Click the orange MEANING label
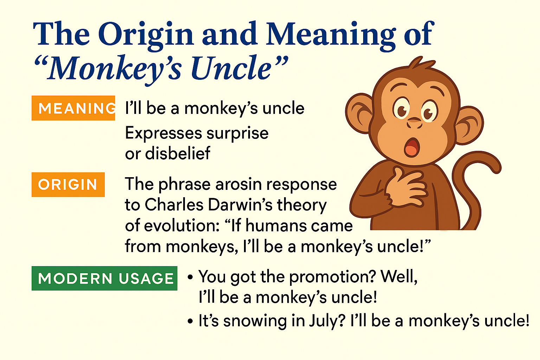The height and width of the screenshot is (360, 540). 73,108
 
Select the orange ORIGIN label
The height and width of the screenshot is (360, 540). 68,185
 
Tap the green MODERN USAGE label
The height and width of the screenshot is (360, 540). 104,278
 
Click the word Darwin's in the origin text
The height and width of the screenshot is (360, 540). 240,205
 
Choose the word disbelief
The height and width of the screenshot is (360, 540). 178,153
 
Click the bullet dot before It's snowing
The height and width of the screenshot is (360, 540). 190,322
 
